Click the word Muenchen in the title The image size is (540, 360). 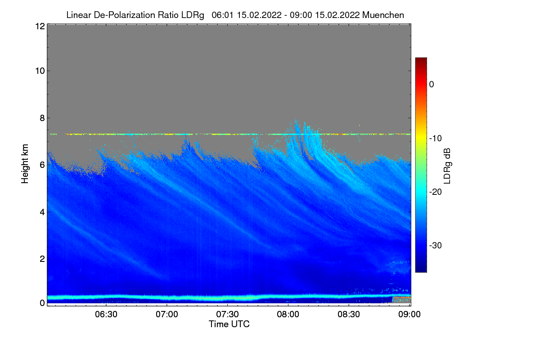click(383, 15)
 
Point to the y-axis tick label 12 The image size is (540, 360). click(39, 27)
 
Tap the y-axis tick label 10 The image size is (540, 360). click(39, 71)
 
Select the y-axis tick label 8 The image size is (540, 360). click(41, 118)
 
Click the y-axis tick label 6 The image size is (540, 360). click(41, 165)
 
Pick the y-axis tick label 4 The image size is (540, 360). click(41, 211)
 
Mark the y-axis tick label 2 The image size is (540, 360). click(41, 259)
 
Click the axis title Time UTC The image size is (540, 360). click(229, 324)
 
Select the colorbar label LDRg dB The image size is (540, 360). click(447, 165)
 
